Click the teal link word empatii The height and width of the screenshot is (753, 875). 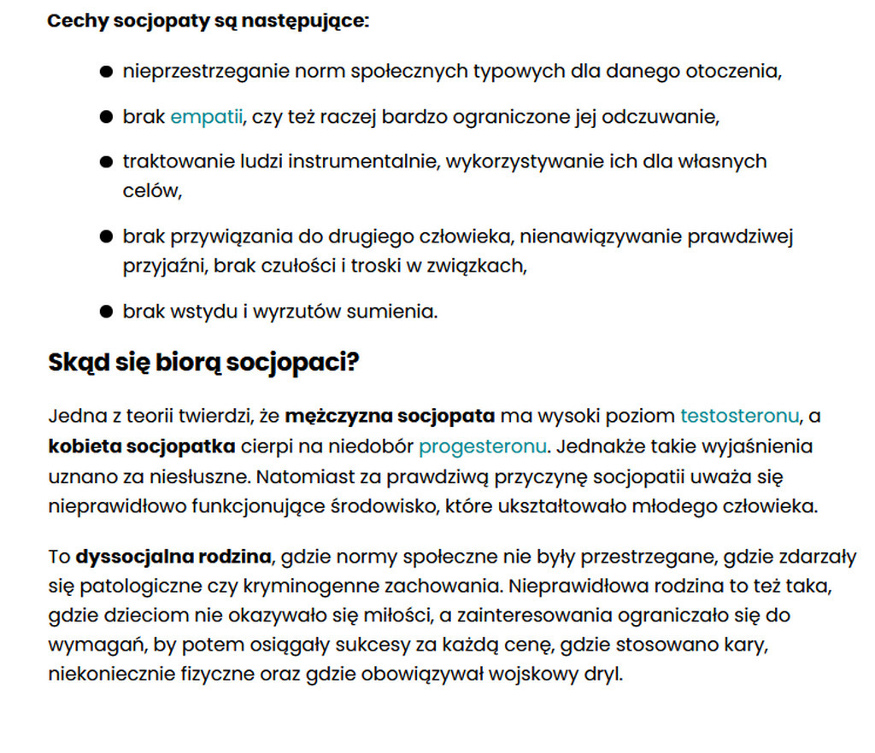[x=207, y=116]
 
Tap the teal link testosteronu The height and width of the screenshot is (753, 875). [x=739, y=417]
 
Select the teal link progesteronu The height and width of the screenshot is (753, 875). [x=482, y=447]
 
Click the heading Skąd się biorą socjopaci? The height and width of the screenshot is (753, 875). [x=203, y=362]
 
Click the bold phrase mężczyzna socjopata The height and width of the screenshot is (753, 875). [x=390, y=417]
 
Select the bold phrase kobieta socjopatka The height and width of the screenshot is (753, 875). [x=141, y=447]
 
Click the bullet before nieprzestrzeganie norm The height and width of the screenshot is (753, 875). [x=106, y=72]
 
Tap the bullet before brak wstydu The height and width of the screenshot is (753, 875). [x=106, y=312]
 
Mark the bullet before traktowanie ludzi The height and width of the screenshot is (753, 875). [x=106, y=162]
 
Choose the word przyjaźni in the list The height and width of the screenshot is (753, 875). [x=164, y=266]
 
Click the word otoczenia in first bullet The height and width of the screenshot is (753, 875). [x=733, y=71]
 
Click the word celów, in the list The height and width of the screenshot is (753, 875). [x=153, y=190]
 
